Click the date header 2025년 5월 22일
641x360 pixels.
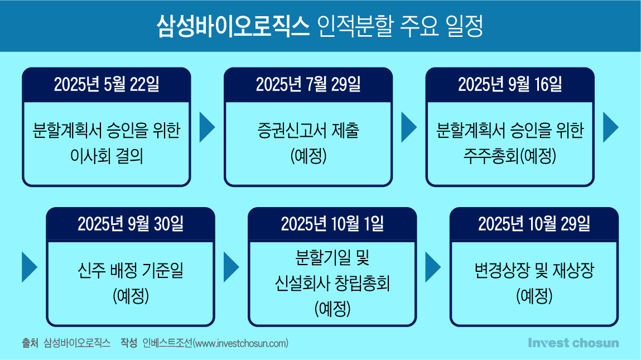107,84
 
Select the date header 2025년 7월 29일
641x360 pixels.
309,84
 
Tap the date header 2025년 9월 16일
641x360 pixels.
510,84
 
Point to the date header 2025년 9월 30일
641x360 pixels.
131,224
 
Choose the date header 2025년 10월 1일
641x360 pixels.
332,224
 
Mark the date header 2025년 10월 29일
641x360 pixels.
534,224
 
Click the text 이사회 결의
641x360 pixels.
107,156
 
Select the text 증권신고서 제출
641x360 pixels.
309,131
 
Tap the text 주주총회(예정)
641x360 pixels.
510,156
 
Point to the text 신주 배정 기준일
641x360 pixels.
131,270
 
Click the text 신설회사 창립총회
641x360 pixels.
332,283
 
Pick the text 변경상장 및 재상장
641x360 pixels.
534,270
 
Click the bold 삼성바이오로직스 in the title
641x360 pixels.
233,26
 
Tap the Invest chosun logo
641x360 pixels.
573,343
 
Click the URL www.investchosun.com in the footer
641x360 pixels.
241,343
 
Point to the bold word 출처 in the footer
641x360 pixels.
30,343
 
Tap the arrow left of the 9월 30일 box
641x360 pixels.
30,267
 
